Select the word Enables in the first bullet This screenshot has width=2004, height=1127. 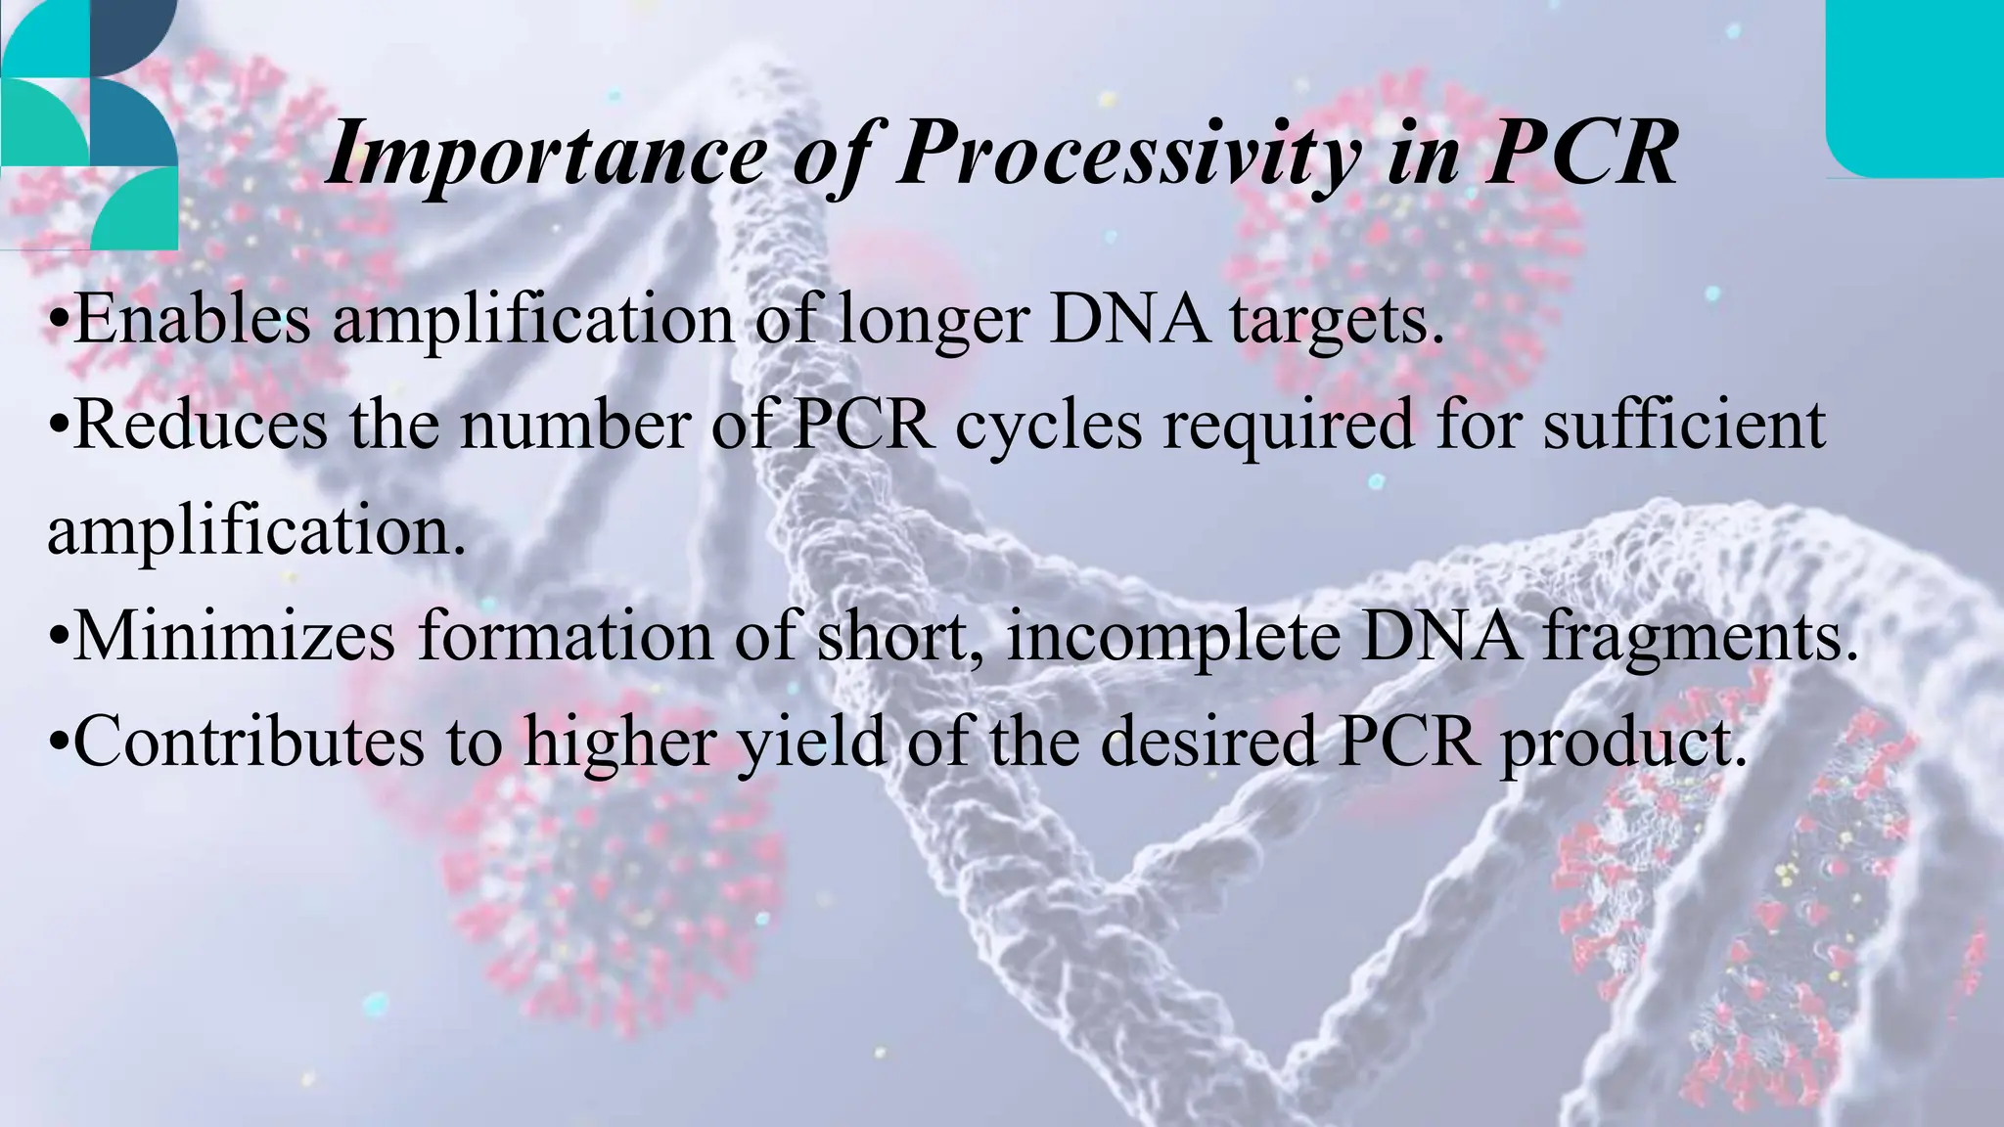coord(192,320)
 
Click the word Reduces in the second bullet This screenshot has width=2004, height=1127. coord(201,426)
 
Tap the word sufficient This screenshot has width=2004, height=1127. coord(1684,426)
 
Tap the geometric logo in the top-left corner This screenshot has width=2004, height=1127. coord(88,122)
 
